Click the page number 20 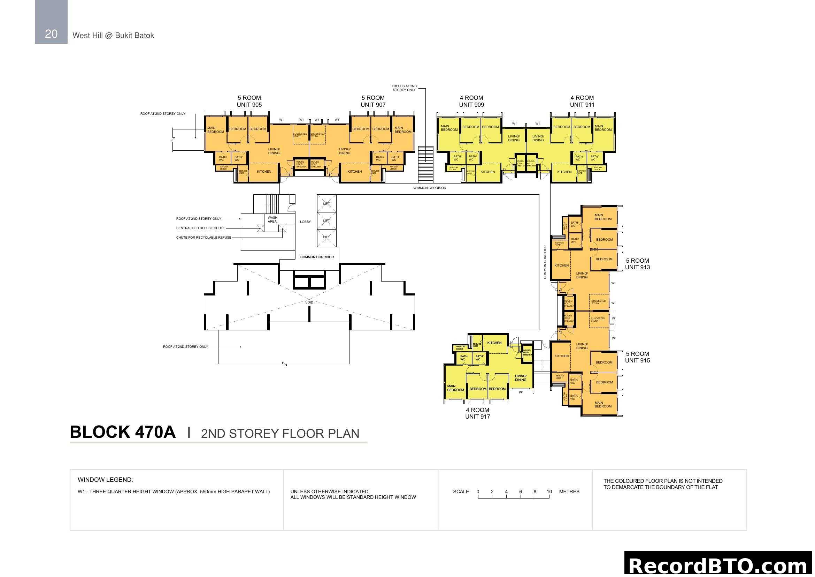[51, 34]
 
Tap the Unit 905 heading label [249, 101]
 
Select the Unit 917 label [477, 413]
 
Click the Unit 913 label [638, 264]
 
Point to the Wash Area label [272, 219]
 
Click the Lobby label [305, 222]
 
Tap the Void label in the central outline [309, 302]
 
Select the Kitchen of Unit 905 [264, 172]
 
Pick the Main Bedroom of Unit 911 [603, 128]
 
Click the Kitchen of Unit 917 [494, 343]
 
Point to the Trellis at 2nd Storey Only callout [404, 88]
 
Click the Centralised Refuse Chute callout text [201, 228]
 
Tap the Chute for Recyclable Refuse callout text [204, 237]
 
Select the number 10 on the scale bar [549, 492]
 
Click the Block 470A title [123, 432]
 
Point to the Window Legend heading [106, 480]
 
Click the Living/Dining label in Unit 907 [345, 151]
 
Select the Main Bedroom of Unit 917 [455, 388]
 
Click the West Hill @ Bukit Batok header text [113, 36]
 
